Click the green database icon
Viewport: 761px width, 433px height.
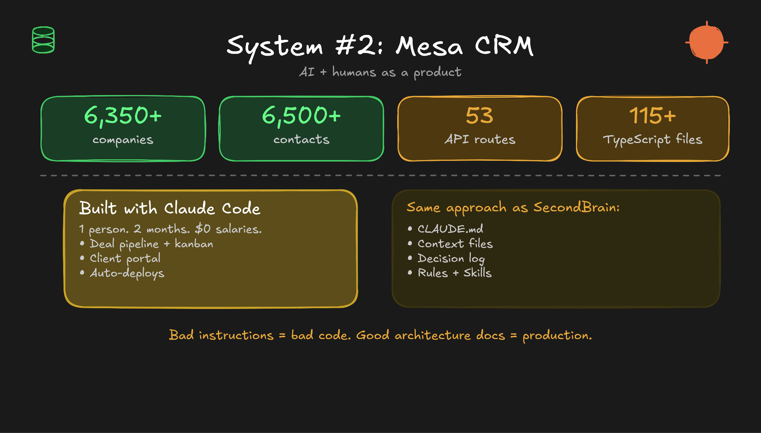43,40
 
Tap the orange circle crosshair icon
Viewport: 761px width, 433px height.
706,42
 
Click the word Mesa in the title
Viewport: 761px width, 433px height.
429,46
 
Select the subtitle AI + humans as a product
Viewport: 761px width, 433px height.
380,72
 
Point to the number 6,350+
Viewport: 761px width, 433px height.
123,115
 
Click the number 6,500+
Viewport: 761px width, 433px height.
301,115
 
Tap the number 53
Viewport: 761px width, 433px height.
479,115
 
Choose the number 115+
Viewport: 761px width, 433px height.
652,115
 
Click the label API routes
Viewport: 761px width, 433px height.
480,139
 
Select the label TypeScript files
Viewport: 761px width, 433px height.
652,140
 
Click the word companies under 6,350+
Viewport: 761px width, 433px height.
123,140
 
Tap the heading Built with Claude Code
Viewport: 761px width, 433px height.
170,208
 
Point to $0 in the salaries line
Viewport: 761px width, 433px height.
203,229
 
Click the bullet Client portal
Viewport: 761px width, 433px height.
125,258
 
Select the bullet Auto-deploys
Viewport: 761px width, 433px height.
127,273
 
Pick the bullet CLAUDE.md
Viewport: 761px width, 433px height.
450,229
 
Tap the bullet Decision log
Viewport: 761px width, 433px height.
451,258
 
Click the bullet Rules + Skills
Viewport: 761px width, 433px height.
454,273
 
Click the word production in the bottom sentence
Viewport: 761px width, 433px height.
556,336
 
